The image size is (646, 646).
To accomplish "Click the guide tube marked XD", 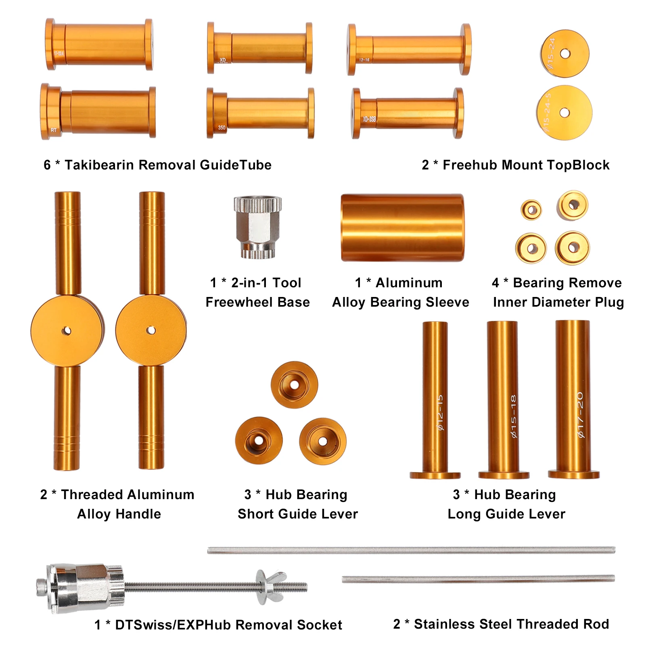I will pos(260,48).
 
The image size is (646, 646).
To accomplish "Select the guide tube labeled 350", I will pos(260,113).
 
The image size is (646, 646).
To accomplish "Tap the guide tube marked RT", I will pos(98,112).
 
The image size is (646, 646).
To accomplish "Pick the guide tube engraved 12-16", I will pos(409,49).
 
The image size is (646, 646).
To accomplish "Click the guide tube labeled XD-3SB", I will pos(408,113).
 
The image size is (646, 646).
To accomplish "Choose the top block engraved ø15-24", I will pos(564,53).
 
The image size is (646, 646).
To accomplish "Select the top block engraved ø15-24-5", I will pos(564,112).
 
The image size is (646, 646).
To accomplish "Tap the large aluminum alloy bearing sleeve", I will pos(402,228).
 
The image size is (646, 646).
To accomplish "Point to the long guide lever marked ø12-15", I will pos(435,399).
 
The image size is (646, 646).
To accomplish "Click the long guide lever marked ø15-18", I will pos(503,399).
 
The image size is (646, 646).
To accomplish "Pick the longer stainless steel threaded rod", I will pos(411,550).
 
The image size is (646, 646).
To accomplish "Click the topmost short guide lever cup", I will pos(294,385).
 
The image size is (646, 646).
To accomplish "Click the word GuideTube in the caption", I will pos(235,165).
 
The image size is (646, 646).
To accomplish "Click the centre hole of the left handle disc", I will pos(67,331).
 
